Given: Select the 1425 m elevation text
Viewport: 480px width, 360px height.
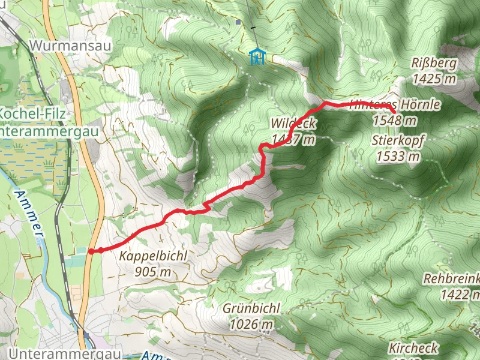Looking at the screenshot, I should coord(435,79).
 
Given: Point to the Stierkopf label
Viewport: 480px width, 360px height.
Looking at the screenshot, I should coord(398,142).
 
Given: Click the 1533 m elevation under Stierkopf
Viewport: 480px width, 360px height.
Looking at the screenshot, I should coord(398,157).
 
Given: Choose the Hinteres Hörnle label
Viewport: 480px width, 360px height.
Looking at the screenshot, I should coord(395,105).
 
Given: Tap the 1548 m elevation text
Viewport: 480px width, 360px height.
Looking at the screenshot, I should coord(395,120).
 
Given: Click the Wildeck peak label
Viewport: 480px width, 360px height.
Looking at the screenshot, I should coord(293,124).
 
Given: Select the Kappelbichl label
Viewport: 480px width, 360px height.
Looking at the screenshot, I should coord(154,256).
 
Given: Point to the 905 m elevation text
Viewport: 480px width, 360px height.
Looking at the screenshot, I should coord(154,272).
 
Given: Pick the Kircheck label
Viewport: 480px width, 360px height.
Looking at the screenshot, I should coord(413,348).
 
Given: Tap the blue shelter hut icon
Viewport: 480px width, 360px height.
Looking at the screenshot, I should coord(257,57).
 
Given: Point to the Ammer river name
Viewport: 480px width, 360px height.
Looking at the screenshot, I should coord(29,214).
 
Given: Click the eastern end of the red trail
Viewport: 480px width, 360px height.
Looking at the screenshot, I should coord(394,112).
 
